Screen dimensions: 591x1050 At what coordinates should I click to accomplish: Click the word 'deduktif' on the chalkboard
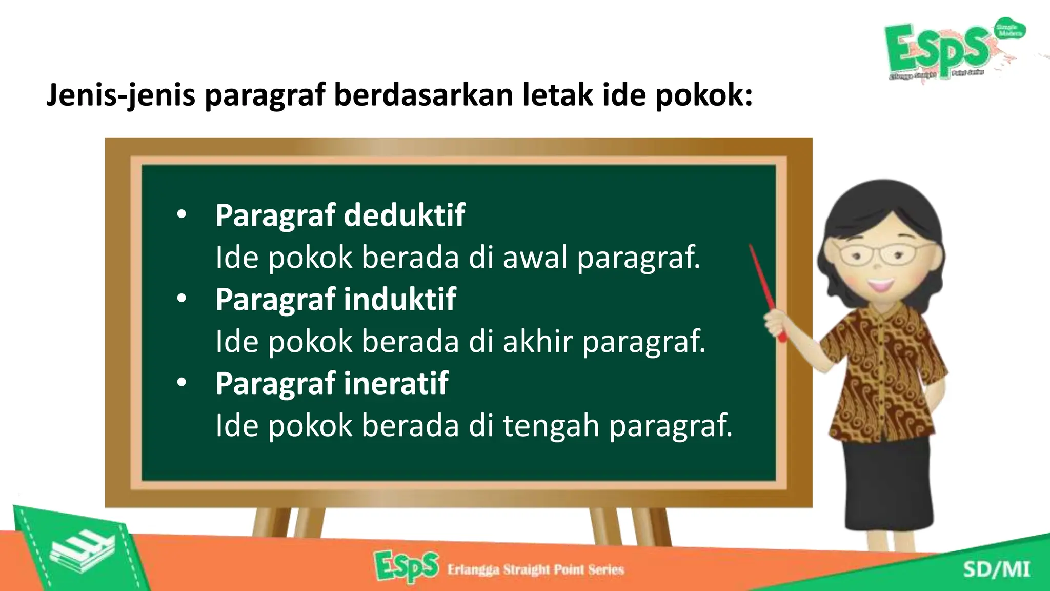[x=404, y=215]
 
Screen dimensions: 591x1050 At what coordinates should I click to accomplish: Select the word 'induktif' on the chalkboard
[x=399, y=299]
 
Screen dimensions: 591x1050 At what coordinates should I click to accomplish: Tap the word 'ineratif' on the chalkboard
[x=396, y=383]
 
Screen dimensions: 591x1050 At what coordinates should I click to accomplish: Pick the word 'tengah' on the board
[x=551, y=426]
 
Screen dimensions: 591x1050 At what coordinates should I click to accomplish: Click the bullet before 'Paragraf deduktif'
[x=181, y=215]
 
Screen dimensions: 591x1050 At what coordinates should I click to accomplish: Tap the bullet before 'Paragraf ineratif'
[x=181, y=384]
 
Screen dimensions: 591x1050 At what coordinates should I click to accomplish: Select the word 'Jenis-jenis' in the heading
[x=120, y=95]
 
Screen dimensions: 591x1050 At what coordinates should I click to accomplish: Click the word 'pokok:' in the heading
[x=703, y=95]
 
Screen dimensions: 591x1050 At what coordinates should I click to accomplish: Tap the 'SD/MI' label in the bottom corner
[x=996, y=570]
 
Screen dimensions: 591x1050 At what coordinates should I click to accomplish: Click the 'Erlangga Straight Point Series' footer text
[x=535, y=569]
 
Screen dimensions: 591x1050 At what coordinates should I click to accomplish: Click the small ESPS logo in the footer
[x=407, y=567]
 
